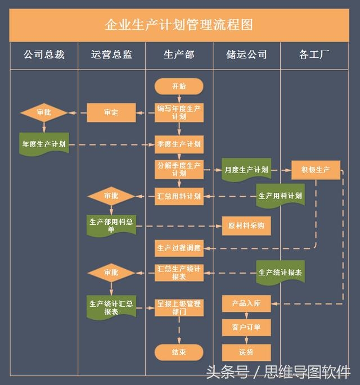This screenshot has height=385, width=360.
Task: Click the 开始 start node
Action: (179, 86)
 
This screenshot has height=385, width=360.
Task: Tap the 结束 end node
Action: (179, 352)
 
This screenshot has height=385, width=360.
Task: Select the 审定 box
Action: (111, 113)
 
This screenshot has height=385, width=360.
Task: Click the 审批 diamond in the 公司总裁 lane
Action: (44, 113)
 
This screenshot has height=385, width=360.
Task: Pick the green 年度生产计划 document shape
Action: (44, 144)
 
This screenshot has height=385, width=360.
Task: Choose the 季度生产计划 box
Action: (179, 144)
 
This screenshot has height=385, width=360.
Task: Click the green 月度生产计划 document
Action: (246, 170)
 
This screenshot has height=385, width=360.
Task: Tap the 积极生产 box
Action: (316, 170)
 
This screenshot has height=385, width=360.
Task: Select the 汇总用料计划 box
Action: (179, 196)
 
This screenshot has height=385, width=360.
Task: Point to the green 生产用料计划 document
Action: (280, 196)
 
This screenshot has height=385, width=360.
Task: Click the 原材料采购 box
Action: (246, 226)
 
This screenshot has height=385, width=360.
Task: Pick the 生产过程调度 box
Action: (179, 248)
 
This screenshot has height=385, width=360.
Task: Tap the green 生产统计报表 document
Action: (280, 272)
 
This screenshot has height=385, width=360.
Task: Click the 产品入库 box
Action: (246, 304)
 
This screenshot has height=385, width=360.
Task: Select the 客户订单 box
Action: (246, 328)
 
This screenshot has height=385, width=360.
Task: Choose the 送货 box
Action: (246, 352)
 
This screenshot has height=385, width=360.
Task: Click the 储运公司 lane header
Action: (246, 55)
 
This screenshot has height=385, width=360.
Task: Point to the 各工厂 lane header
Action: (314, 55)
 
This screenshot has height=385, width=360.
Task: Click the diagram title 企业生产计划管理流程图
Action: (179, 25)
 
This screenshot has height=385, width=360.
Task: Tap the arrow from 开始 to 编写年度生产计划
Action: (179, 99)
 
